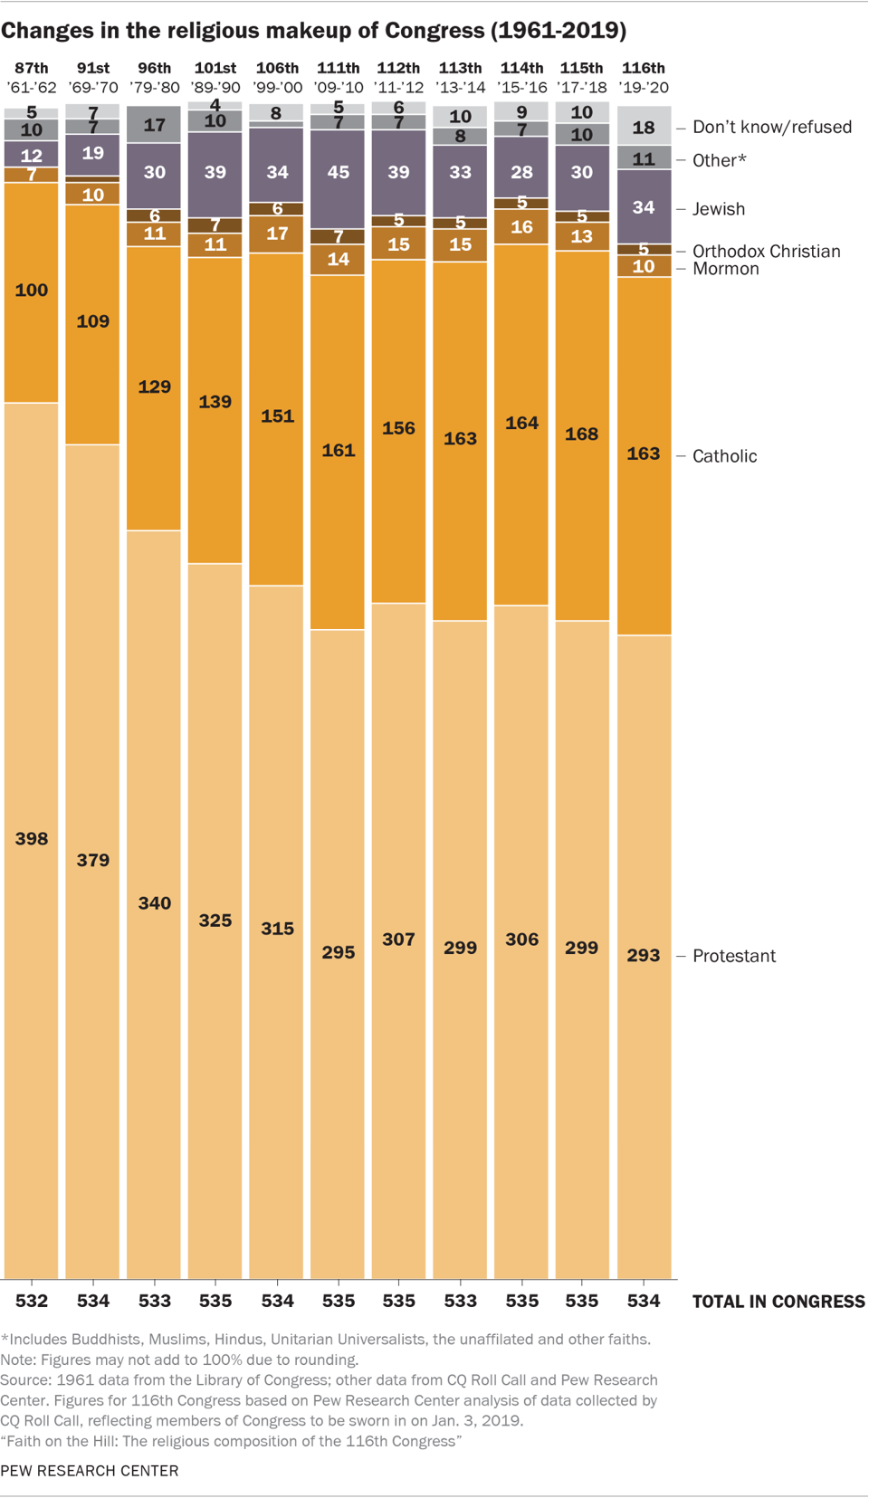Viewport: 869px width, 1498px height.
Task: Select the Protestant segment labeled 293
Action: coord(644,956)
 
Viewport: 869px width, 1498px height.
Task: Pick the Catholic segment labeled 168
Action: coord(581,434)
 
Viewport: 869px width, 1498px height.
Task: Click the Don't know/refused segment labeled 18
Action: coord(644,127)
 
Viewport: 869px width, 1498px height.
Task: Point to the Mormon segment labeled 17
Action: coord(277,234)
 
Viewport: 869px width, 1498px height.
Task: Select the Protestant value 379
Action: coord(93,860)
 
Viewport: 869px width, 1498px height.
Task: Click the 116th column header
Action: coord(644,68)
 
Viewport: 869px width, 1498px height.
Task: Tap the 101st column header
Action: coord(215,68)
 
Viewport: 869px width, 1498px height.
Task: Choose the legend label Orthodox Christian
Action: coord(766,251)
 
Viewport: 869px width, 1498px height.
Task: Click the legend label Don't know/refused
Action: coord(771,127)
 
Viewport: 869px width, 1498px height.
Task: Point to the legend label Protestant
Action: coord(733,956)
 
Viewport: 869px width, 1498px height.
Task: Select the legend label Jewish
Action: coord(718,209)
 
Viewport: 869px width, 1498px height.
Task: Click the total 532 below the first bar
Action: coord(32,1301)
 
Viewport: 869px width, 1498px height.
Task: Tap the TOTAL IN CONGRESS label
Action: coord(778,1302)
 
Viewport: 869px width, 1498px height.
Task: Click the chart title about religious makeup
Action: coord(313,31)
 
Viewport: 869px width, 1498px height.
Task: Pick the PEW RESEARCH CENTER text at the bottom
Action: coord(90,1471)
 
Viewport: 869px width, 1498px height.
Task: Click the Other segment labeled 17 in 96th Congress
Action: coord(154,125)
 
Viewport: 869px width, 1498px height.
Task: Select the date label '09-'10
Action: coord(338,88)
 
